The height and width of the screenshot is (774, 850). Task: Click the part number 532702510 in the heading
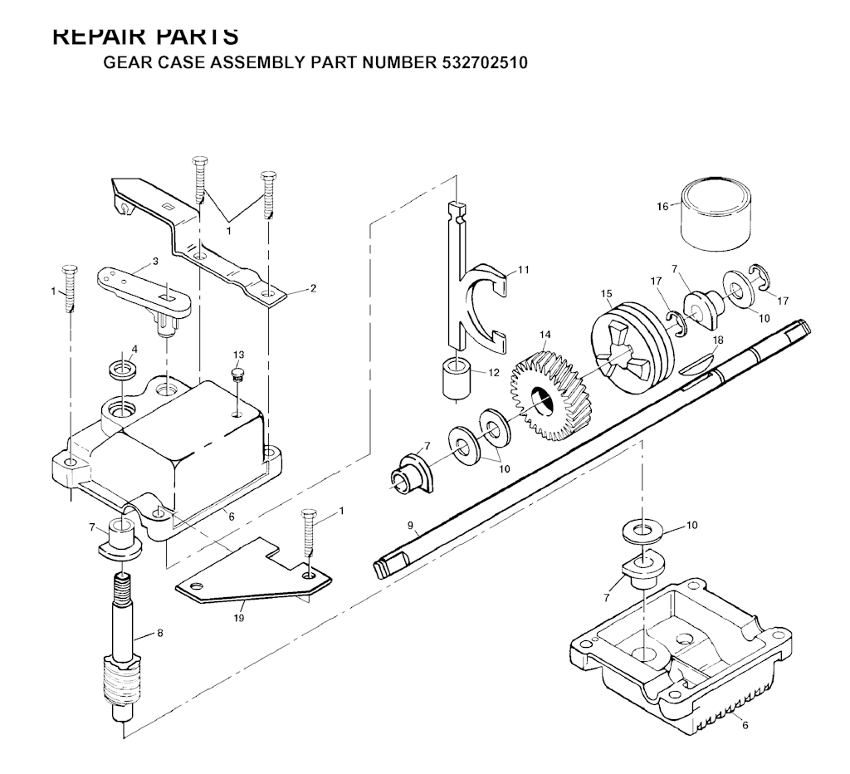pos(480,63)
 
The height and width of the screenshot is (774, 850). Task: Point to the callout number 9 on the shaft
pos(410,524)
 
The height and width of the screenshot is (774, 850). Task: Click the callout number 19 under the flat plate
pos(240,617)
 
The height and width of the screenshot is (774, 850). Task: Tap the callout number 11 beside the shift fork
pos(523,270)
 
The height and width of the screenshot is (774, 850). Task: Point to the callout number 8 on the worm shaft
pos(159,633)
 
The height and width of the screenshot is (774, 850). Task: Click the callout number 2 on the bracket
pos(313,288)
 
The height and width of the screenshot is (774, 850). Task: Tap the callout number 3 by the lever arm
pos(154,262)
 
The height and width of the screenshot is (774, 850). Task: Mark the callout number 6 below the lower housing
pos(745,725)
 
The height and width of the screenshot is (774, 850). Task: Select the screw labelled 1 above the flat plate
pos(309,532)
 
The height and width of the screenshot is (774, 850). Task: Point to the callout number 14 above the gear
pos(545,335)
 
